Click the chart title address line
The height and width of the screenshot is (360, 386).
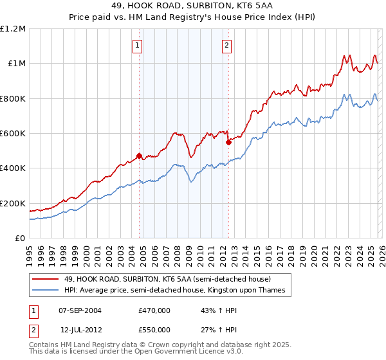[x=193, y=6]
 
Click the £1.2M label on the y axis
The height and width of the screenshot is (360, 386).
[x=13, y=29]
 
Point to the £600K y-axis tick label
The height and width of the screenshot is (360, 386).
[x=13, y=134]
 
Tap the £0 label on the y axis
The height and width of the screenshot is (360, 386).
[x=19, y=239]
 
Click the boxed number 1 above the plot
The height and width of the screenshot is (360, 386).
[x=138, y=45]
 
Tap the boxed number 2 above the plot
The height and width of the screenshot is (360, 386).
[x=227, y=45]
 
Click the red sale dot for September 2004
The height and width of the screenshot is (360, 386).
[x=139, y=156]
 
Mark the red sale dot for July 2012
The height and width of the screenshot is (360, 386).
[x=228, y=142]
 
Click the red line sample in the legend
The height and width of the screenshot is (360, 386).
[x=46, y=280]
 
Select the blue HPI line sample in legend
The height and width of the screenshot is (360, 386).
[x=46, y=291]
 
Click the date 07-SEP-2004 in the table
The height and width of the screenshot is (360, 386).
[x=80, y=310]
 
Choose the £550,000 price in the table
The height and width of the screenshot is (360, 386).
[x=154, y=329]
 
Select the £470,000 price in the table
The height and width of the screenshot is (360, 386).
[x=154, y=310]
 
